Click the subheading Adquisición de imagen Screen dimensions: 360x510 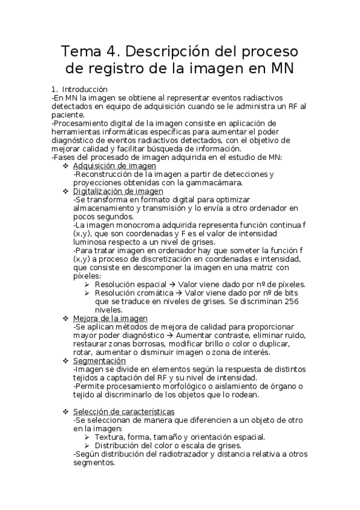114,166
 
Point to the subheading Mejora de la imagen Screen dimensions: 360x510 110,318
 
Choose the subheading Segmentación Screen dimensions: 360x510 99,361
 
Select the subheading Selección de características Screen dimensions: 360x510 124,411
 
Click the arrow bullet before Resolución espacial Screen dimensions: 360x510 88,284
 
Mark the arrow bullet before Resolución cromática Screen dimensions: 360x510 88,292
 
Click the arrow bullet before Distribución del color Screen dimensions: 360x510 88,446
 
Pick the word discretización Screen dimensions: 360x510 167,259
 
